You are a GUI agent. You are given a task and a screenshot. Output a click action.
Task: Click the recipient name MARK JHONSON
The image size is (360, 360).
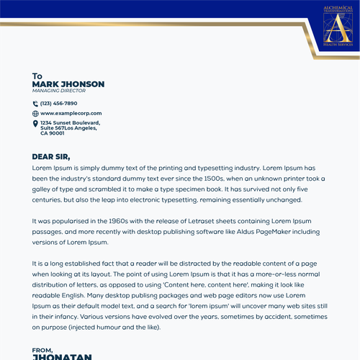(68, 84)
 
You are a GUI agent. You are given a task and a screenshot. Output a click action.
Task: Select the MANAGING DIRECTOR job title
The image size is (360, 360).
(59, 91)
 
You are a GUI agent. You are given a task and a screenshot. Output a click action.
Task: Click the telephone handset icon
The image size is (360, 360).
(35, 103)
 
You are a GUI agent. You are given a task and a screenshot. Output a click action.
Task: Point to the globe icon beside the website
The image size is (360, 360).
(35, 113)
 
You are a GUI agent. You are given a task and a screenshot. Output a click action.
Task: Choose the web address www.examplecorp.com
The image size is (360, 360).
(71, 113)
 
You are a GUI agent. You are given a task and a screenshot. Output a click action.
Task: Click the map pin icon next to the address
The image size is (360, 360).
(35, 124)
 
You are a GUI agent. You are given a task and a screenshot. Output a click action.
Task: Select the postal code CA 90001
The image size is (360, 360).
(53, 133)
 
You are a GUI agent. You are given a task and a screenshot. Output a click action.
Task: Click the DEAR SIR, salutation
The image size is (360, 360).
(51, 156)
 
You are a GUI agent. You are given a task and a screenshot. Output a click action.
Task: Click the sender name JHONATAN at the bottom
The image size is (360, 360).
(62, 356)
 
